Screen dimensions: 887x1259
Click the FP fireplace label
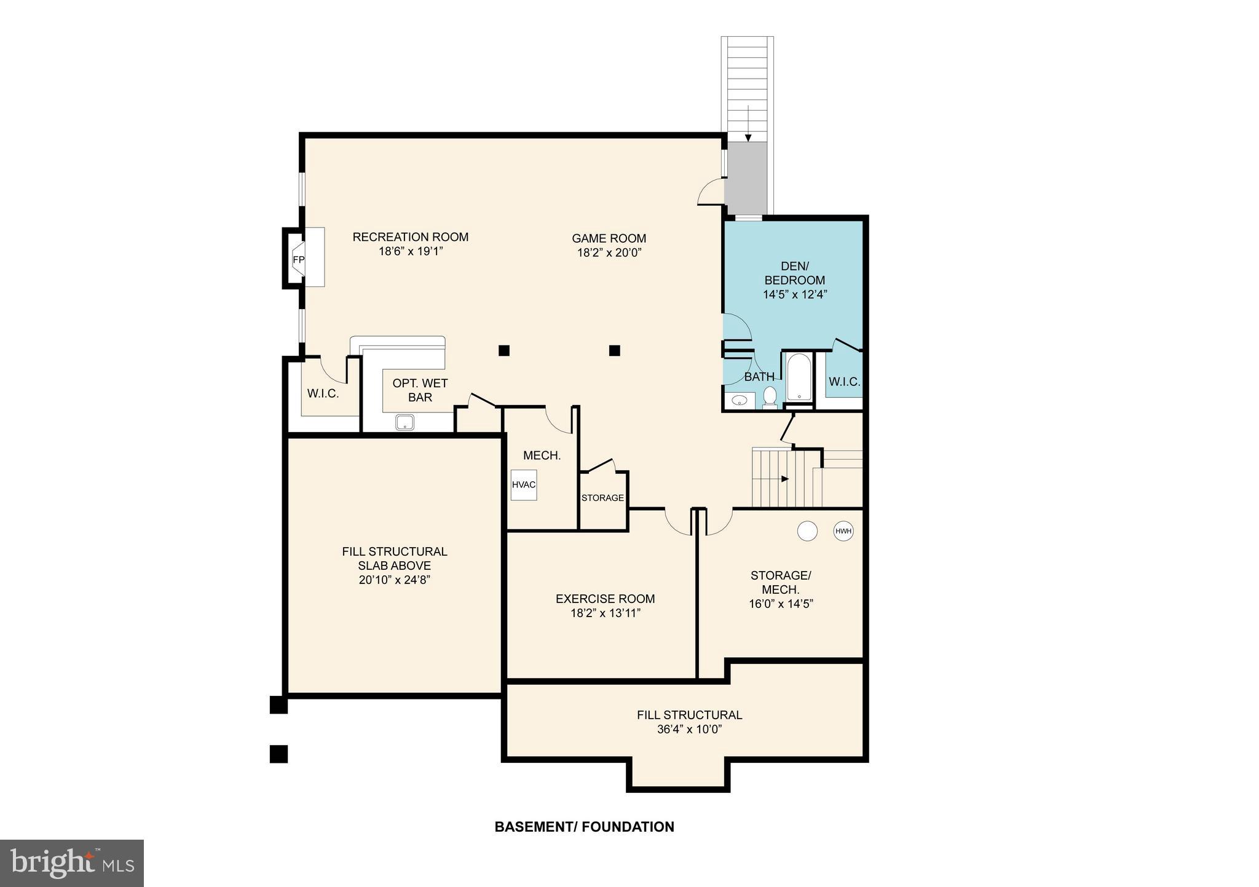(298, 259)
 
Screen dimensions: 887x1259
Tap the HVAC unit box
(524, 485)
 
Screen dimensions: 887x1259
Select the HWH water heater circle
(843, 531)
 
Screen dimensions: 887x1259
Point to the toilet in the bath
(770, 396)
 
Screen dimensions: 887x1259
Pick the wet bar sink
(405, 422)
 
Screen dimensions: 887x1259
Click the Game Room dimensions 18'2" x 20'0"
(609, 253)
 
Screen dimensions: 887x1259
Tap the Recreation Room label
(410, 237)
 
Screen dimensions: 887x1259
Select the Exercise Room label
(605, 598)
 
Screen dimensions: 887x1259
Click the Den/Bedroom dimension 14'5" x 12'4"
(795, 294)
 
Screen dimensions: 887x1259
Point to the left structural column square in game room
(503, 350)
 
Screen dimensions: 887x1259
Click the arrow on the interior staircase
(784, 479)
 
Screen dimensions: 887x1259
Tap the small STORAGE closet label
(602, 498)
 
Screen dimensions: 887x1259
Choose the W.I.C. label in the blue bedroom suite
(844, 382)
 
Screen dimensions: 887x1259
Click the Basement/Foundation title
(584, 827)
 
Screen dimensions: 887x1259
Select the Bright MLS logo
(72, 864)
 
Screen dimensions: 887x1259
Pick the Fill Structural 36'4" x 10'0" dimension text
(689, 730)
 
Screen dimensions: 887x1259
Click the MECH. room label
(542, 455)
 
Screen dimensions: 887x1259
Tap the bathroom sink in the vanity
(740, 401)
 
